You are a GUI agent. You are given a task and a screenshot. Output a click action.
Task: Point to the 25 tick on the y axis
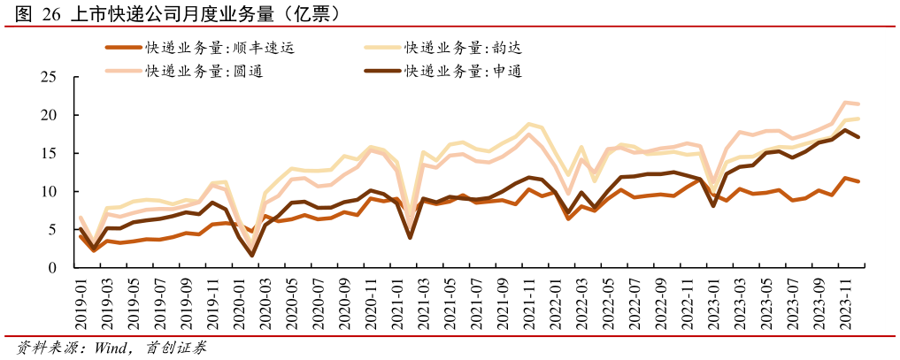tap(49, 78)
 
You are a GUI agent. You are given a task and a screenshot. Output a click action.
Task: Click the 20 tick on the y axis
tap(49, 116)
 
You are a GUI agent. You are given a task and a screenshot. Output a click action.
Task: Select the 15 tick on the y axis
tap(49, 154)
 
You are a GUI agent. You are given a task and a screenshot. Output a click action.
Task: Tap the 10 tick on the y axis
tap(49, 192)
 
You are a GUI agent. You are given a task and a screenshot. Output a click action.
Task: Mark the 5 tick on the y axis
tap(52, 230)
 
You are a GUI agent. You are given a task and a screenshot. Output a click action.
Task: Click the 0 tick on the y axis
tap(52, 268)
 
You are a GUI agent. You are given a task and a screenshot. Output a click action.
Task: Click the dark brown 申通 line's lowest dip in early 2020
tap(252, 256)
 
